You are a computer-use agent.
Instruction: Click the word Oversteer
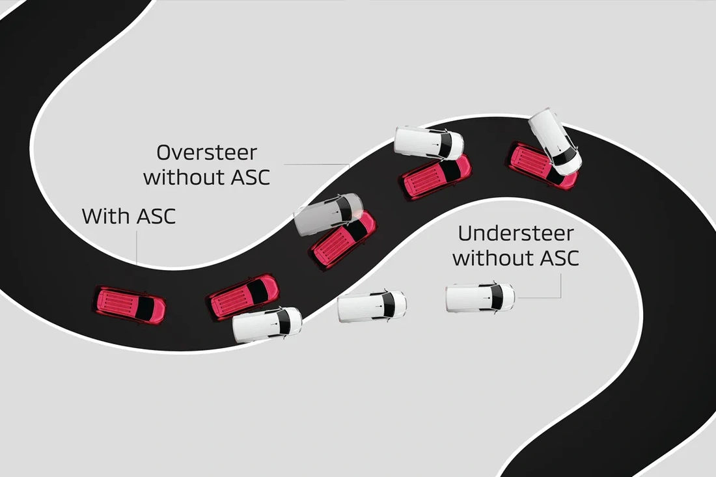point(207,154)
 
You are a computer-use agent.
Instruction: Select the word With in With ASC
point(107,216)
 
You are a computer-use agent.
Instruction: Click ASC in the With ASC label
point(156,216)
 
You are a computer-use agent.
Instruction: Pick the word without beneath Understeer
point(491,258)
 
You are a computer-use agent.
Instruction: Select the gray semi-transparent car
point(327,213)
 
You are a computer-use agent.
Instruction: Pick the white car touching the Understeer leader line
point(480,297)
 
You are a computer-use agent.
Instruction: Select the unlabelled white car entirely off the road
point(372,306)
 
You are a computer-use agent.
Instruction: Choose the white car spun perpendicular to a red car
point(555,141)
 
